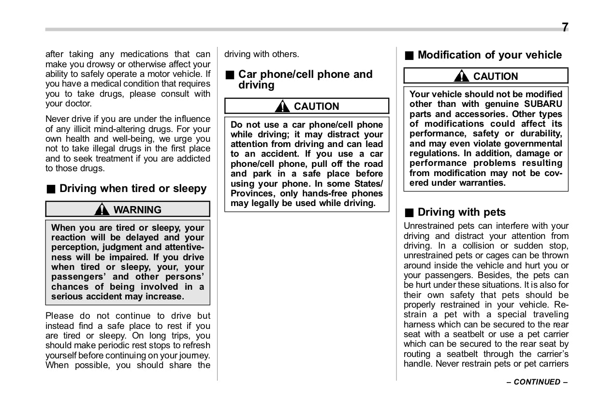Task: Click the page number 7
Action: tap(565, 28)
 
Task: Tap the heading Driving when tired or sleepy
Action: tap(132, 189)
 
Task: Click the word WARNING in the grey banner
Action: tap(137, 209)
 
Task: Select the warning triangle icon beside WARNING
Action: tap(102, 209)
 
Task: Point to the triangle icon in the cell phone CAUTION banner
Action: tap(282, 106)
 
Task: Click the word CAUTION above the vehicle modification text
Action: tap(495, 76)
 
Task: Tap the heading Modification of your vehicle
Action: tap(489, 55)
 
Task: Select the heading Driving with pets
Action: tap(461, 212)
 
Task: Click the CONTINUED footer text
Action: tap(537, 382)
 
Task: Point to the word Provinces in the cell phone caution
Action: tap(251, 193)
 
